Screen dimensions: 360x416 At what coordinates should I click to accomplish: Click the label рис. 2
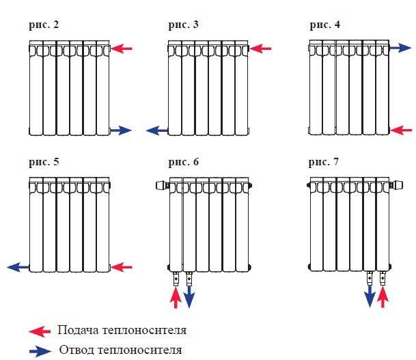(44, 25)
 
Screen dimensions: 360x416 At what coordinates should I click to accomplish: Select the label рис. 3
(184, 25)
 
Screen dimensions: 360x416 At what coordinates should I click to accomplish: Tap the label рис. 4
(324, 25)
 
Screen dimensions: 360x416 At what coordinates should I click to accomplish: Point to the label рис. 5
(44, 162)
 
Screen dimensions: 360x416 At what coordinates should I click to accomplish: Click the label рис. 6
(184, 162)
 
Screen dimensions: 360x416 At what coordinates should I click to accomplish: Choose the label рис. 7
(324, 162)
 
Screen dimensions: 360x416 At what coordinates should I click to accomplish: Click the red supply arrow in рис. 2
(122, 49)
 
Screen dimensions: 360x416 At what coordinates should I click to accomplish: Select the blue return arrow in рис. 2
(121, 130)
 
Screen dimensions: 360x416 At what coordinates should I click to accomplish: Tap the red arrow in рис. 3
(261, 49)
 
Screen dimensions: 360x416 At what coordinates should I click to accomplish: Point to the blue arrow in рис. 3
(157, 130)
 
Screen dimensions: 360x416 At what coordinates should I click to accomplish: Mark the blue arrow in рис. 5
(18, 266)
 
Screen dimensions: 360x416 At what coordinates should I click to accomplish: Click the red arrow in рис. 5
(122, 266)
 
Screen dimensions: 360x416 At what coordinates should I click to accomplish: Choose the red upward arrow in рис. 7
(383, 297)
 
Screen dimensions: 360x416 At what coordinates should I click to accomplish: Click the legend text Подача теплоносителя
(122, 331)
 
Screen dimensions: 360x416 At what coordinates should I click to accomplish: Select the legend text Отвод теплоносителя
(120, 350)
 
